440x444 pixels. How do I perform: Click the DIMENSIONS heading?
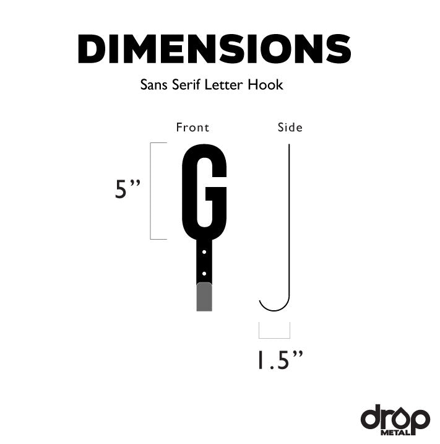click(214, 50)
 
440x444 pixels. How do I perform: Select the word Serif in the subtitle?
click(189, 85)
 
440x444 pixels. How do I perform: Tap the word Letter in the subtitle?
click(229, 85)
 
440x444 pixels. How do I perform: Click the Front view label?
click(192, 128)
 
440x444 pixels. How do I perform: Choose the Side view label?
click(290, 128)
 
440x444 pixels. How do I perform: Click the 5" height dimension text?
click(129, 189)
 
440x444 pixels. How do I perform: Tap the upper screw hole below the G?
click(204, 252)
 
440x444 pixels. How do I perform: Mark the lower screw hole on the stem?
click(204, 271)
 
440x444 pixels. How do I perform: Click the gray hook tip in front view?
click(204, 298)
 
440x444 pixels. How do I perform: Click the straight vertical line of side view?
click(290, 217)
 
